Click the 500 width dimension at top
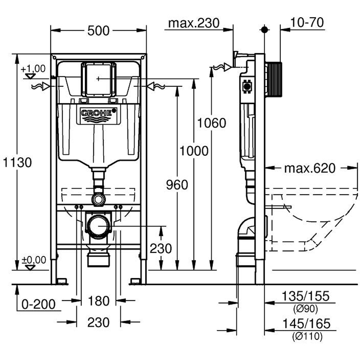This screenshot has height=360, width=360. tap(98, 31)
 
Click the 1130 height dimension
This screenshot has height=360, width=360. tap(18, 162)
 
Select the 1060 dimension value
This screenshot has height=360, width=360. tap(212, 123)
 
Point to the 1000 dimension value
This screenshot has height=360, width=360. tap(194, 151)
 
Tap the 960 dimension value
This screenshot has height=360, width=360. tap(177, 185)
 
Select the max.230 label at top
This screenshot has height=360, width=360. tap(194, 23)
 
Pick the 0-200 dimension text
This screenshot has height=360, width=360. tap(39, 305)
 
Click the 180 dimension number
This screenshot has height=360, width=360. tap(99, 301)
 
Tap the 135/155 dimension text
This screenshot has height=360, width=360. tap(305, 296)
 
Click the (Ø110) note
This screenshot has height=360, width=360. tap(306, 337)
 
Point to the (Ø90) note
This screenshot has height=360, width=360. tap(306, 309)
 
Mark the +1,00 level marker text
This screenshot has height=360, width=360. tap(33, 68)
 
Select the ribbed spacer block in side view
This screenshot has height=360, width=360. tap(274, 80)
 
